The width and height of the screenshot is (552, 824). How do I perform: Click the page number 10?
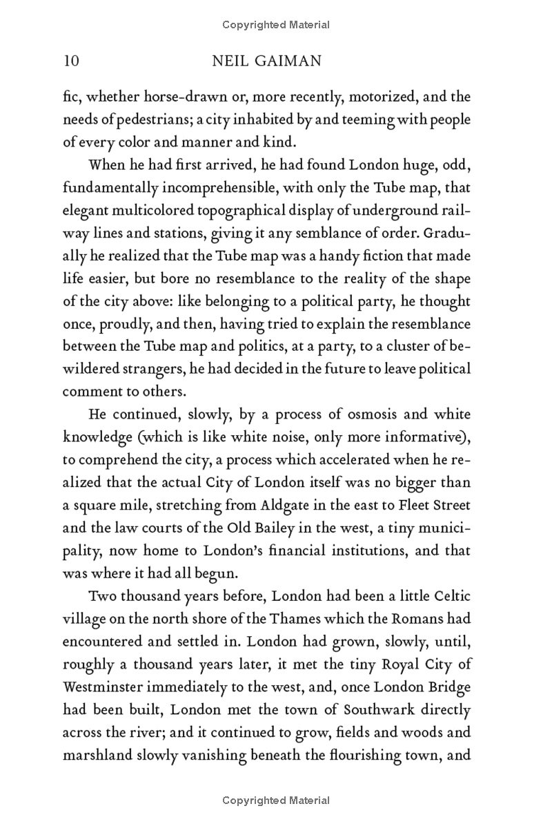[x=71, y=61]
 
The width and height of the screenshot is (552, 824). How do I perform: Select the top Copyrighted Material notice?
[x=276, y=25]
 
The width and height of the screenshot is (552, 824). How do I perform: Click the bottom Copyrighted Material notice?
[x=276, y=801]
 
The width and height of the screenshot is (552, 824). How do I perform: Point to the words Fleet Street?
[x=433, y=505]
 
